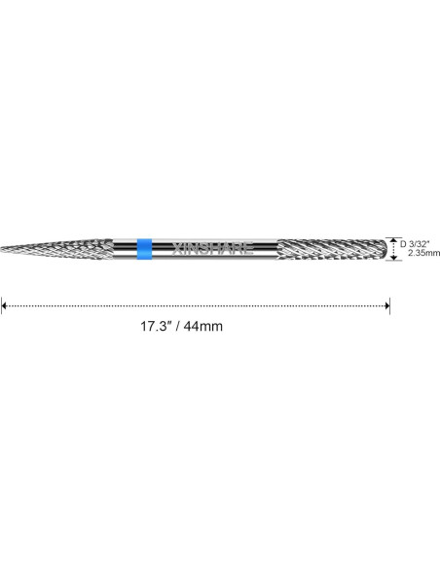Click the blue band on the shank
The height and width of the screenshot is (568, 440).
coord(145,249)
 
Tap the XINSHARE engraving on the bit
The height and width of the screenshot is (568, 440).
coord(212,249)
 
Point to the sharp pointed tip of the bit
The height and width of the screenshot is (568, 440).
coord(1,249)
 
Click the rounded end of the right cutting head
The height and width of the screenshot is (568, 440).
coord(385,249)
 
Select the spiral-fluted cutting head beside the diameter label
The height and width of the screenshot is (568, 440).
coord(332,249)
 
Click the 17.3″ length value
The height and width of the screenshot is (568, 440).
coord(156,326)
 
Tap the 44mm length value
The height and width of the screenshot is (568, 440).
coord(203,326)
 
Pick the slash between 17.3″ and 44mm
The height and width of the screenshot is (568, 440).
coord(177,326)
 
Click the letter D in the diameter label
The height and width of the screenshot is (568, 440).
coord(403,244)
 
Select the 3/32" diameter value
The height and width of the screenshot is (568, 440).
coord(419,244)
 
